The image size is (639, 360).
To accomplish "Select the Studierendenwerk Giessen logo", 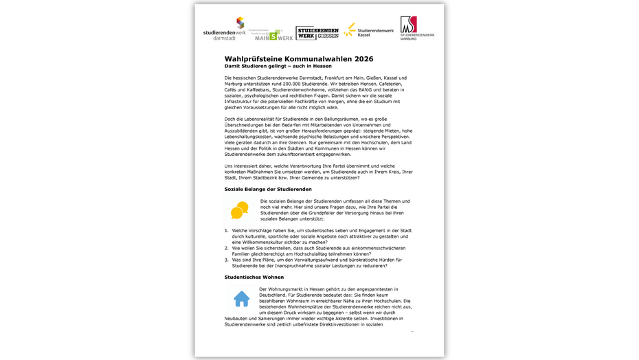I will pyautogui.click(x=317, y=32).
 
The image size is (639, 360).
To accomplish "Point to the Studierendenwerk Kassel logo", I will pyautogui.click(x=369, y=30).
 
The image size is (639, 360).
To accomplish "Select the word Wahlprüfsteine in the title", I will pyautogui.click(x=254, y=59).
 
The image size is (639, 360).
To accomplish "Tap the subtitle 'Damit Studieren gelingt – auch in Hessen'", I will pyautogui.click(x=278, y=67).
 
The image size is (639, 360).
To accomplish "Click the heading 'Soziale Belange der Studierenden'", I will pyautogui.click(x=268, y=189).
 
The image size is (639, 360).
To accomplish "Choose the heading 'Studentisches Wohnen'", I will pyautogui.click(x=254, y=277).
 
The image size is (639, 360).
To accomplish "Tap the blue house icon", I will pyautogui.click(x=241, y=299).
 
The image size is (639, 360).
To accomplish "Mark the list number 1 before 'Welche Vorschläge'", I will pyautogui.click(x=227, y=231).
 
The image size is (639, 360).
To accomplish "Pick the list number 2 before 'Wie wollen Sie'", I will pyautogui.click(x=227, y=248).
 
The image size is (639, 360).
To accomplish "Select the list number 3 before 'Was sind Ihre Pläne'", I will pyautogui.click(x=227, y=260).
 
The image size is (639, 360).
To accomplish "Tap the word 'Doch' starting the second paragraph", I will pyautogui.click(x=230, y=119).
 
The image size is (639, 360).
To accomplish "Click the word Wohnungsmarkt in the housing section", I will pyautogui.click(x=287, y=289).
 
